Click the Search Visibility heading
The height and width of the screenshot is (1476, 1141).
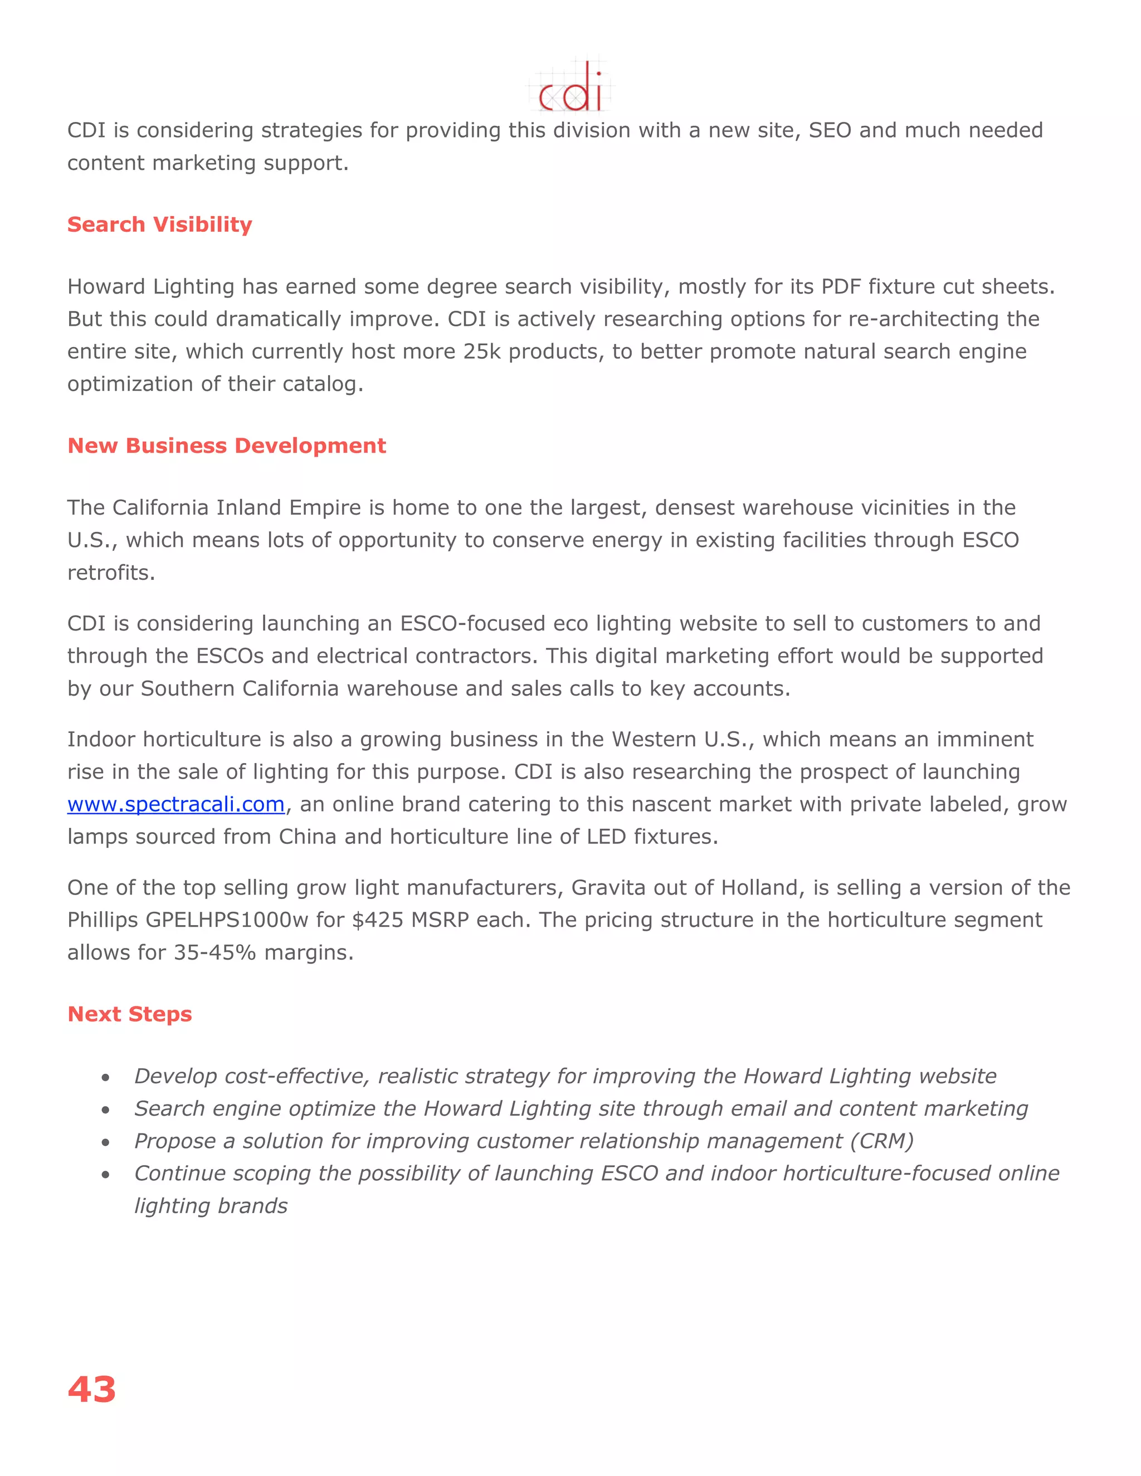click(159, 224)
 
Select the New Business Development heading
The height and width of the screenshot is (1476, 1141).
click(226, 446)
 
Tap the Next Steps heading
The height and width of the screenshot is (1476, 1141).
click(130, 1014)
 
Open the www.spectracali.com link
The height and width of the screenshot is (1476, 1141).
click(175, 804)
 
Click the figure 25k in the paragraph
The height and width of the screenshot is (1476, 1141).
click(481, 351)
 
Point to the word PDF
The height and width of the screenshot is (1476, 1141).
click(841, 286)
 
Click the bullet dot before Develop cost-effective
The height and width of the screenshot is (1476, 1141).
click(105, 1077)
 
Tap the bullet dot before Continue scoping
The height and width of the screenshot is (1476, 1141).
click(105, 1175)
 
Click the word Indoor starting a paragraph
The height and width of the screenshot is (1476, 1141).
click(101, 739)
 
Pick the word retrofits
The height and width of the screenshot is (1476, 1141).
click(111, 573)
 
